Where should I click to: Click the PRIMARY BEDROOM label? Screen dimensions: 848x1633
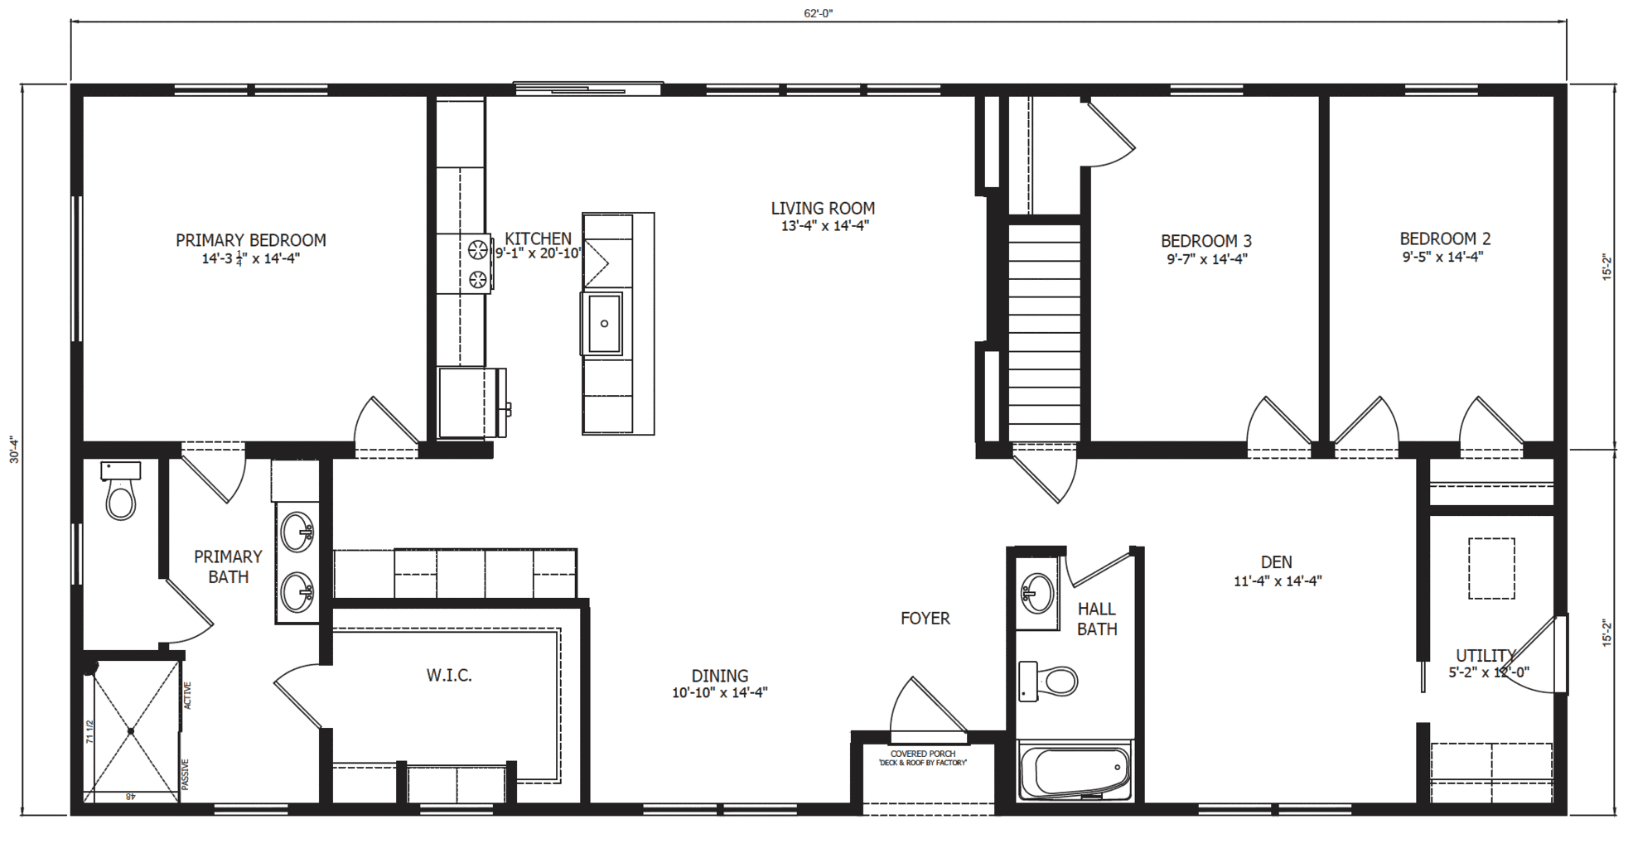pyautogui.click(x=250, y=240)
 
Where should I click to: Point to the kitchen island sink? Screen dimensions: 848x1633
pyautogui.click(x=604, y=323)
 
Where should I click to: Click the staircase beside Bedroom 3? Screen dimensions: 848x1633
pyautogui.click(x=1044, y=331)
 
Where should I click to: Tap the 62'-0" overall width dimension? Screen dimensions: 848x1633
pyautogui.click(x=818, y=13)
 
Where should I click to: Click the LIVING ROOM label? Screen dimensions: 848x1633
pyautogui.click(x=823, y=209)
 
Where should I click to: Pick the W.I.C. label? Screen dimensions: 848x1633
pyautogui.click(x=449, y=676)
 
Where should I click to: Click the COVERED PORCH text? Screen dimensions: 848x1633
pyautogui.click(x=923, y=754)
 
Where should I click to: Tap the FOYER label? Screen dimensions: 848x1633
pyautogui.click(x=925, y=619)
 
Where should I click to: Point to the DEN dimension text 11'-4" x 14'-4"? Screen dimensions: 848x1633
pyautogui.click(x=1277, y=581)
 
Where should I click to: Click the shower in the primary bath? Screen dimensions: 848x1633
pyautogui.click(x=131, y=731)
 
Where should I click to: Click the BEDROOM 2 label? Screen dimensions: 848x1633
pyautogui.click(x=1445, y=238)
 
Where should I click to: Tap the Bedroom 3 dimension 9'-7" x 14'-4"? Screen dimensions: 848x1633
pyautogui.click(x=1206, y=259)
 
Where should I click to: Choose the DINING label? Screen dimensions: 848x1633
pyautogui.click(x=719, y=676)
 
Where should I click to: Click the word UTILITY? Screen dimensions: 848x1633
pyautogui.click(x=1486, y=656)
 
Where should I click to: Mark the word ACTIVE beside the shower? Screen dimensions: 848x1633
pyautogui.click(x=187, y=696)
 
